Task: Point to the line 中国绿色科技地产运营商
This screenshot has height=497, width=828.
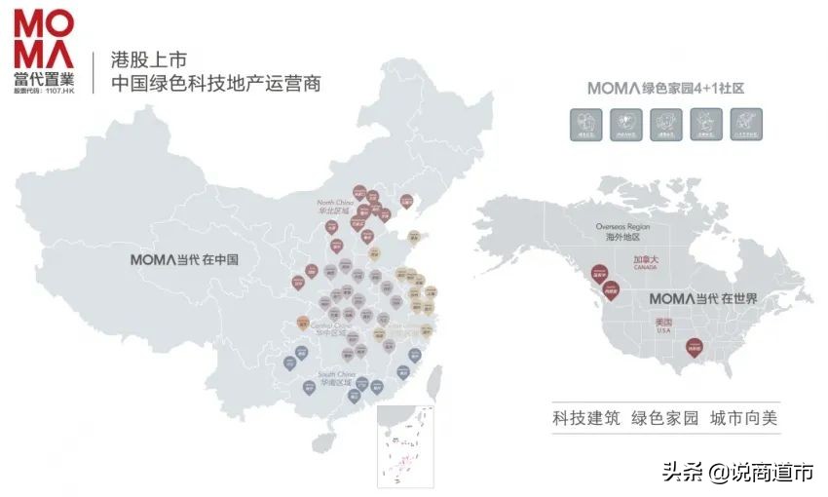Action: [x=216, y=84]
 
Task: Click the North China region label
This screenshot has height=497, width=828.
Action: [x=332, y=202]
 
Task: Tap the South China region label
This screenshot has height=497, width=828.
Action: [x=335, y=374]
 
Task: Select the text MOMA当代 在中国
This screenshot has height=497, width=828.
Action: [x=184, y=260]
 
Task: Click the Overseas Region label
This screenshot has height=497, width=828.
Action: [x=622, y=226]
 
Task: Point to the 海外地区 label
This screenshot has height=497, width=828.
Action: [x=622, y=237]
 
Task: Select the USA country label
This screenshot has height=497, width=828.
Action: [x=665, y=330]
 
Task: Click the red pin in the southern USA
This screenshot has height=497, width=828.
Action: [x=693, y=345]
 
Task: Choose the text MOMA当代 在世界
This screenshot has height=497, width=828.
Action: [x=702, y=297]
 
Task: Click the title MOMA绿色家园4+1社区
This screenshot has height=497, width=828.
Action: [x=665, y=88]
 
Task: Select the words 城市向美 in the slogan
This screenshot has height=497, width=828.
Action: [x=744, y=419]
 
